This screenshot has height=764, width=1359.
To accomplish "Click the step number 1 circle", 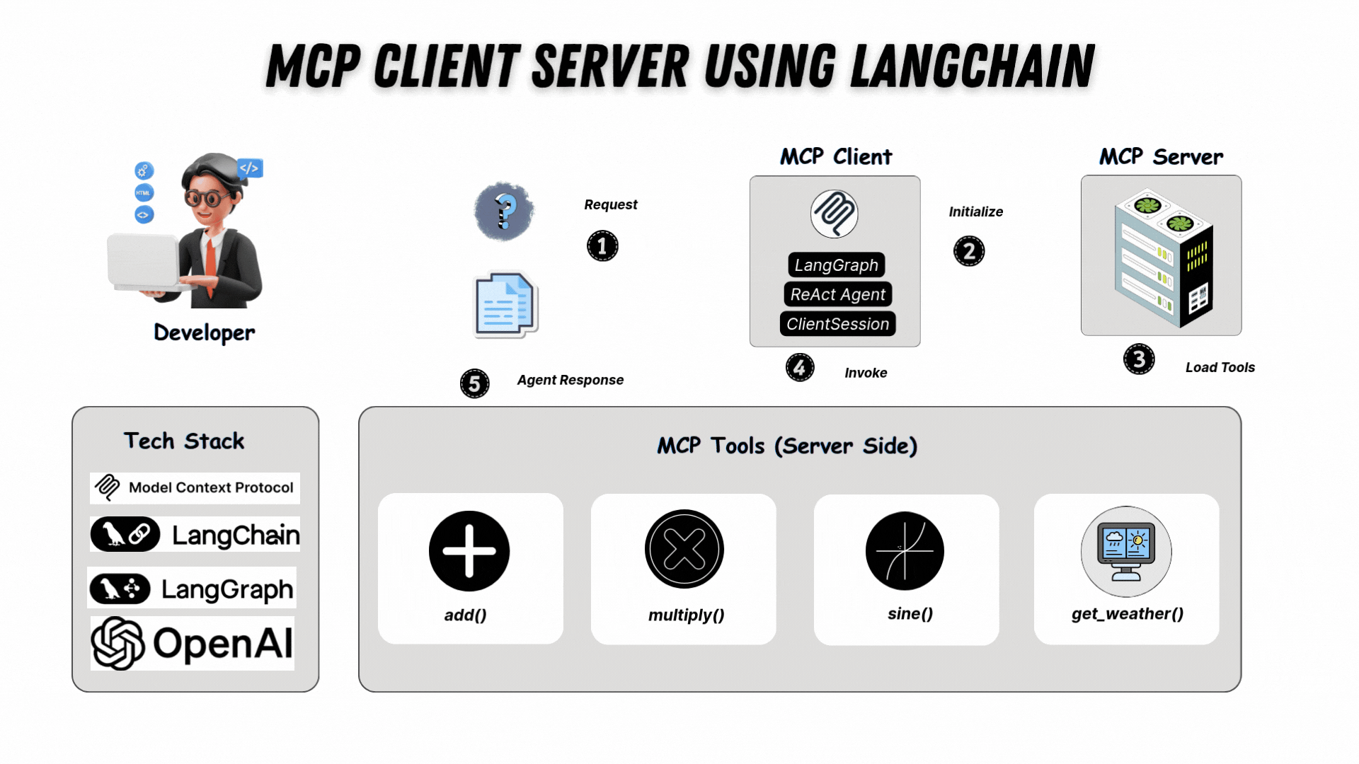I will [x=602, y=246].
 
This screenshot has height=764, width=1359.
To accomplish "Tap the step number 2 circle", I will [x=969, y=251].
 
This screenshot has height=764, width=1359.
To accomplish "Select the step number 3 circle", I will [x=1139, y=359].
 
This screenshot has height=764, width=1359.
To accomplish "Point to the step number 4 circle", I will [x=800, y=367].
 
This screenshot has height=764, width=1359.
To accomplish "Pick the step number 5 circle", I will [x=474, y=383].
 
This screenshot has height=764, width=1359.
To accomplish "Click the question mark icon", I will [x=504, y=211].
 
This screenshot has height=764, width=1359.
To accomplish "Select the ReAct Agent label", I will [x=837, y=294].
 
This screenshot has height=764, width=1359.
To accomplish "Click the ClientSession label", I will [x=837, y=324].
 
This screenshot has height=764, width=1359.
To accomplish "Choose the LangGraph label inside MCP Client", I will [x=836, y=265].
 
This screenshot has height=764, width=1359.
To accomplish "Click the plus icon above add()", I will [x=469, y=551].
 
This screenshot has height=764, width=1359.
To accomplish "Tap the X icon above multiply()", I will [x=684, y=550].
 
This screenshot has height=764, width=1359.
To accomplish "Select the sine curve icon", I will [x=905, y=551].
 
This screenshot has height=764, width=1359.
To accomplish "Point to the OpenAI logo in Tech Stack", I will [x=192, y=643].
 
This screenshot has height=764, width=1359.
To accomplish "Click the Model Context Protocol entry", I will [x=195, y=487].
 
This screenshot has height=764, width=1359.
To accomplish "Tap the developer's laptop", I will [x=144, y=262].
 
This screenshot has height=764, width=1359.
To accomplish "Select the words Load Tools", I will [x=1220, y=367].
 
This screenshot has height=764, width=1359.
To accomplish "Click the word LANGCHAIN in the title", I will [x=972, y=66].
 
